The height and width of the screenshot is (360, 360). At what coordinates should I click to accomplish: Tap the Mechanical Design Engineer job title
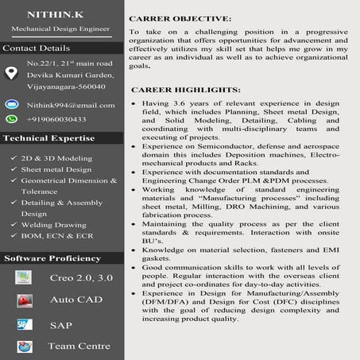(x=60, y=29)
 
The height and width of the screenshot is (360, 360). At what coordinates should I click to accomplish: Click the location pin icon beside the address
(x=11, y=73)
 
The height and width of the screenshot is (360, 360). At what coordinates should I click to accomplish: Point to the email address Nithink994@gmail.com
(x=70, y=105)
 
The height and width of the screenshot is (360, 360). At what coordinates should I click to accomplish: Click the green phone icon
(x=11, y=119)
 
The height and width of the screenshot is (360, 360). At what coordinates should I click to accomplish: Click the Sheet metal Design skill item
(x=56, y=169)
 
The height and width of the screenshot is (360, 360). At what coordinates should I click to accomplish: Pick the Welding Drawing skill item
(x=54, y=225)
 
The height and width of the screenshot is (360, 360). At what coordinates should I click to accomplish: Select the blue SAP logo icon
(x=25, y=325)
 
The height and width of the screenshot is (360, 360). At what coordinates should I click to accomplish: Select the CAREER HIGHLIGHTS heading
(x=184, y=90)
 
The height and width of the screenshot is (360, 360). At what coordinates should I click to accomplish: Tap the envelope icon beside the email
(x=11, y=105)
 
